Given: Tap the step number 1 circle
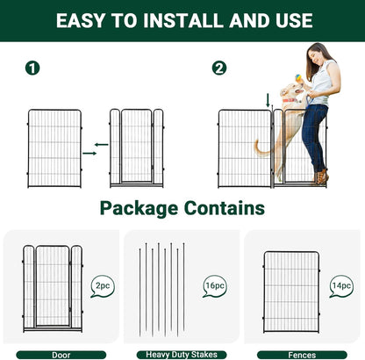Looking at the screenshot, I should click(32, 68).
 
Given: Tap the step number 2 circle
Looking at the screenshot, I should click(219, 68).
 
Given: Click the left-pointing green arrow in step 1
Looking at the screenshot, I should click(101, 144).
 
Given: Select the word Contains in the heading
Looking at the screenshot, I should click(223, 208).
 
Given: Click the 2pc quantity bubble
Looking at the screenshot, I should click(102, 285).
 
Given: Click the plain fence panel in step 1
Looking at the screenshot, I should click(54, 146).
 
